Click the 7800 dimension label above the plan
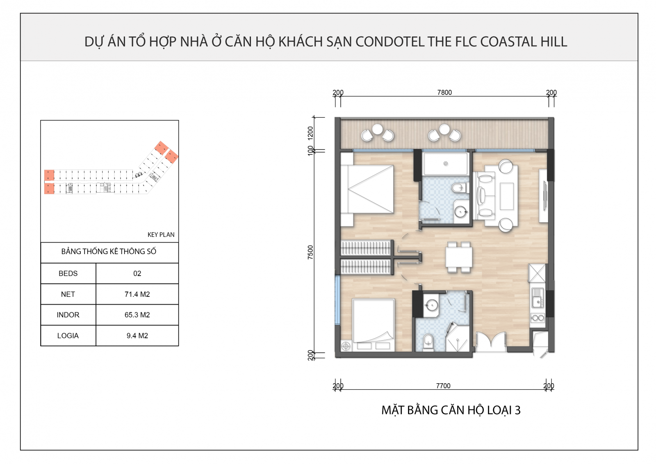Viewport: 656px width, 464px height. pos(444,93)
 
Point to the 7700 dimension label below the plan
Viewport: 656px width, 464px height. pos(443,386)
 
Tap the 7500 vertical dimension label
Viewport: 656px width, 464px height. pos(310,252)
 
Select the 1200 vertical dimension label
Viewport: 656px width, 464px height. pos(310,133)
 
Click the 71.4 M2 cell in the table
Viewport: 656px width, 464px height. pos(137,294)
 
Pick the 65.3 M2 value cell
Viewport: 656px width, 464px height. pos(137,315)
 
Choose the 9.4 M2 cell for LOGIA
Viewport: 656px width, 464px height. pos(137,335)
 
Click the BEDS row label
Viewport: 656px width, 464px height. pos(68,273)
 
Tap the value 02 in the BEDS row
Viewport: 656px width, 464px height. pos(137,273)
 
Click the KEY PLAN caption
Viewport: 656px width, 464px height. pos(161,235)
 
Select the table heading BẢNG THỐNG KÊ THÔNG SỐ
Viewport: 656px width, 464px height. pos(109,251)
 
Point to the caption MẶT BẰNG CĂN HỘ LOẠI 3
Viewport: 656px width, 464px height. pos(451,410)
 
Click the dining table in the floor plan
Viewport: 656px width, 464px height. pos(459,257)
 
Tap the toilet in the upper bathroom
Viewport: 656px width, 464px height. pos(459,188)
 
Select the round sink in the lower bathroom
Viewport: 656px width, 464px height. pos(431,305)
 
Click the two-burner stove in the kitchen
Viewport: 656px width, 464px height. pos(538,318)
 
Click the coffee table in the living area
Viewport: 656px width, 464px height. pos(506,196)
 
